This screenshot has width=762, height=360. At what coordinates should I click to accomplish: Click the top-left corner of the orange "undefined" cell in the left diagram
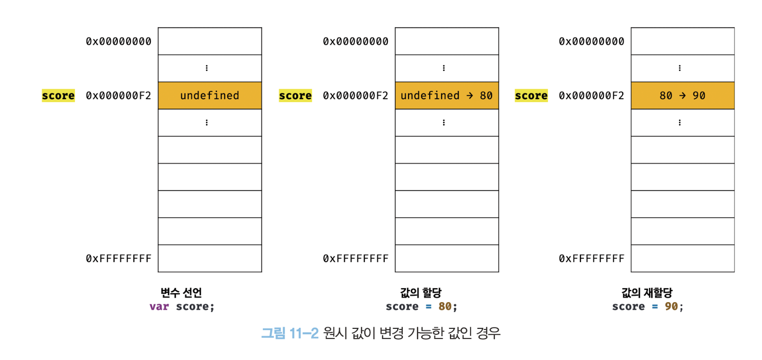(158, 82)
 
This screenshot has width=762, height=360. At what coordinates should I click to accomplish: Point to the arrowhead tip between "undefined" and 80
(473, 96)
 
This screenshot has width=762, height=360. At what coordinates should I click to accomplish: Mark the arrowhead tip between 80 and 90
(686, 96)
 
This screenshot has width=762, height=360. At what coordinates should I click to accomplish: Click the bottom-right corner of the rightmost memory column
(734, 272)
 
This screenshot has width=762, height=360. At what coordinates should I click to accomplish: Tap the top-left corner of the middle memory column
(395, 28)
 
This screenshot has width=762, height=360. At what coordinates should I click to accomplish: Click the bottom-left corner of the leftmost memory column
(158, 272)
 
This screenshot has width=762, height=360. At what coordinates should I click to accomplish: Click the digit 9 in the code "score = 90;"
(668, 306)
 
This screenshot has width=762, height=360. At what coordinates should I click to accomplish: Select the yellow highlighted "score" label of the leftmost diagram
(58, 96)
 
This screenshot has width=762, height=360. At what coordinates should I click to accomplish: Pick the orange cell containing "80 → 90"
(683, 96)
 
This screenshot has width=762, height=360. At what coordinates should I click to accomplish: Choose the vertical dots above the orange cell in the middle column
(444, 68)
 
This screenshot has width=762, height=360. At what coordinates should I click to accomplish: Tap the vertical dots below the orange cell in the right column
(679, 123)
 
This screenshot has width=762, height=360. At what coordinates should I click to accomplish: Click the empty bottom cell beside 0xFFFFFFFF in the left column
(210, 258)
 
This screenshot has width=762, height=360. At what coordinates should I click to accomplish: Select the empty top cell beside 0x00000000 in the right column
(683, 41)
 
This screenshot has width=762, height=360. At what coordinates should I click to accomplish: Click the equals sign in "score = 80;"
(429, 307)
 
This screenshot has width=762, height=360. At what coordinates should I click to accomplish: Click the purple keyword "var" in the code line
(159, 307)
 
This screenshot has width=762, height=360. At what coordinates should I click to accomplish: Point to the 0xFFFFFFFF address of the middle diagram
(355, 258)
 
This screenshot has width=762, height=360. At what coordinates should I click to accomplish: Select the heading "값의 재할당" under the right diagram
(647, 292)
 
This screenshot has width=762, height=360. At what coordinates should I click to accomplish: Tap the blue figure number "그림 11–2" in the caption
(290, 333)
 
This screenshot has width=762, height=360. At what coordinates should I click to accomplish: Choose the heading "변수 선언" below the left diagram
(181, 292)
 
